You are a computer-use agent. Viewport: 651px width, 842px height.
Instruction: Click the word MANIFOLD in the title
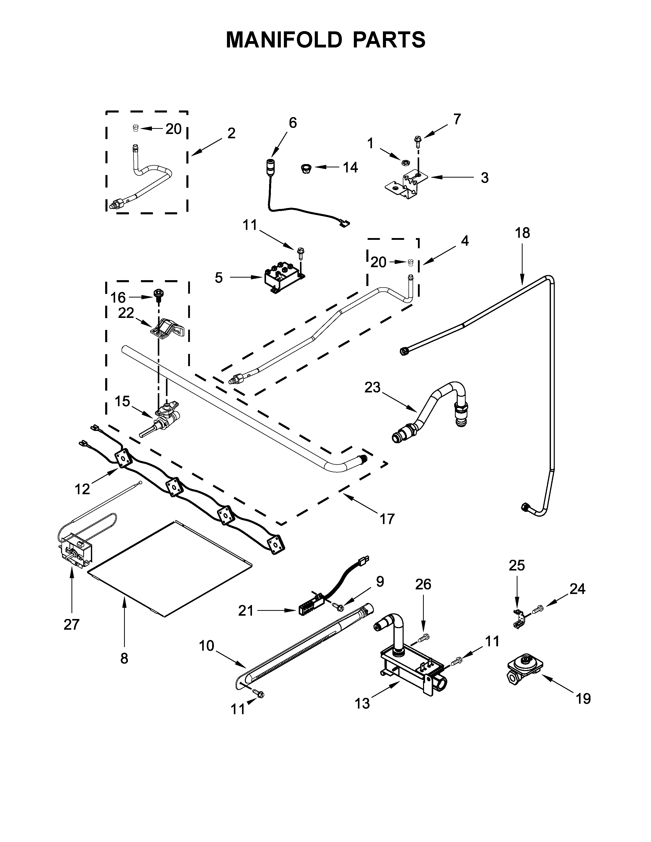tap(283, 40)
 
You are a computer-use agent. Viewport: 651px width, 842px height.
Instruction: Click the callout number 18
tap(523, 233)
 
